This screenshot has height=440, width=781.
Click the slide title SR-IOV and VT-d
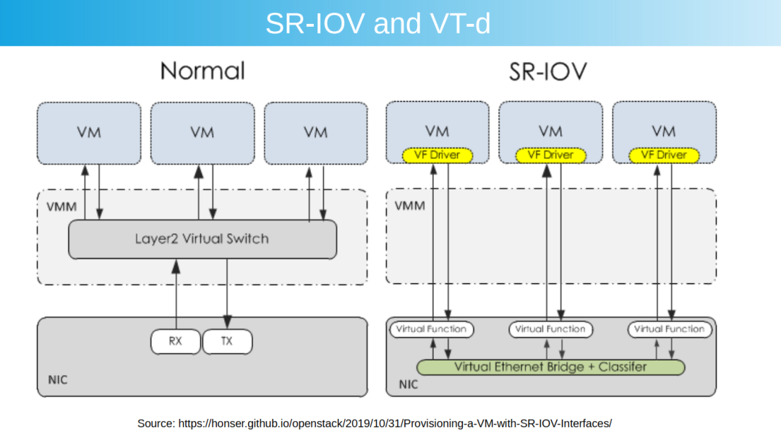(377, 24)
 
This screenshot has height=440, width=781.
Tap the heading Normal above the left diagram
(202, 71)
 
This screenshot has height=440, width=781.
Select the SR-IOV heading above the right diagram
(547, 71)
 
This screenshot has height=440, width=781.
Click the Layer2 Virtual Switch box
(202, 239)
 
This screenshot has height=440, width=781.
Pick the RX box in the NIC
(176, 342)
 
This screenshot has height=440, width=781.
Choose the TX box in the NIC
(227, 342)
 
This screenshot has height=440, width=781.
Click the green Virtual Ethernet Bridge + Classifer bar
(550, 367)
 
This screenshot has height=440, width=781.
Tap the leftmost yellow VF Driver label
(437, 155)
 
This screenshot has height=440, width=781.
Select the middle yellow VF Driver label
(550, 155)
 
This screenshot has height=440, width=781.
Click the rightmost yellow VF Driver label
(663, 155)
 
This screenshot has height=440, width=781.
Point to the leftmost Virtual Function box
(432, 329)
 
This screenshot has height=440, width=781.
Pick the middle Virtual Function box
(550, 329)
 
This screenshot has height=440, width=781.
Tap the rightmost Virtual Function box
(669, 329)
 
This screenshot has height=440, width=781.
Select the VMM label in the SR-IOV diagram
(410, 206)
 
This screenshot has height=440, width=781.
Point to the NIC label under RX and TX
(59, 380)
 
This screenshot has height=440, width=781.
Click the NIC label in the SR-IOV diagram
(409, 384)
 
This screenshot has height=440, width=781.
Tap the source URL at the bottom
(375, 423)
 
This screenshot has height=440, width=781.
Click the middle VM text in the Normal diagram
(202, 132)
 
